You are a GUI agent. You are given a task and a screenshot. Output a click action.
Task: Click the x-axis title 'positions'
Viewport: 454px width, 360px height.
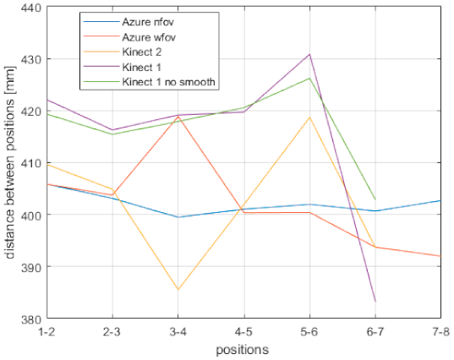[x=243, y=348]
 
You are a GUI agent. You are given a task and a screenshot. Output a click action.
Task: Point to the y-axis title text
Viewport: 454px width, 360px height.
[x=9, y=163]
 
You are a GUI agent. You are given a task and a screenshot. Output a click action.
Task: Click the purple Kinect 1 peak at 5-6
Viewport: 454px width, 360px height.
[x=309, y=54]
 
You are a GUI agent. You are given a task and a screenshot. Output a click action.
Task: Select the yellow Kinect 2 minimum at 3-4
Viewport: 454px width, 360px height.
[x=178, y=290]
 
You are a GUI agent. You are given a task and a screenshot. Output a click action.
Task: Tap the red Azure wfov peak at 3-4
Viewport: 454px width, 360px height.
[x=178, y=117]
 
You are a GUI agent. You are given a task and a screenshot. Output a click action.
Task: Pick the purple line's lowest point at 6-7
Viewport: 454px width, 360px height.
[x=375, y=302]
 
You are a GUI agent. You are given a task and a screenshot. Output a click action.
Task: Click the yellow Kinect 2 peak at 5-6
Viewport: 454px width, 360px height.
[x=309, y=117]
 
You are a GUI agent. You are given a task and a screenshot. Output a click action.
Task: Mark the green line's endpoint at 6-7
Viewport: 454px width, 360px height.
[x=375, y=199]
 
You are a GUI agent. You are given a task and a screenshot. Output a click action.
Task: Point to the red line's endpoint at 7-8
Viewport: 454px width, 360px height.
[x=440, y=256]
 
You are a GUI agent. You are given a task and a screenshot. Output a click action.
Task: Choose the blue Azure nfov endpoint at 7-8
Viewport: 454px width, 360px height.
[x=440, y=200]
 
